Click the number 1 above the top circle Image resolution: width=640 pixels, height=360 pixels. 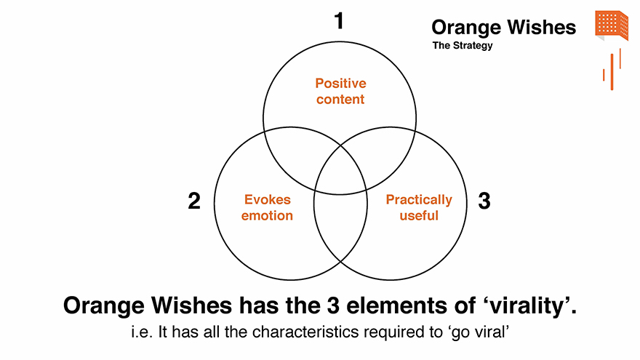click(x=339, y=21)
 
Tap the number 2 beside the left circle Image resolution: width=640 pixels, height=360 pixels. click(x=194, y=201)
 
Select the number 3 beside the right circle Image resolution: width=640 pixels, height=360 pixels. click(x=484, y=201)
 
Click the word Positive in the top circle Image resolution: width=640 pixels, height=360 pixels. click(x=340, y=83)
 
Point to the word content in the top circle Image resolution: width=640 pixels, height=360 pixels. click(x=340, y=99)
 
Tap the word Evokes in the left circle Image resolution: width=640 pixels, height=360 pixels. click(x=268, y=199)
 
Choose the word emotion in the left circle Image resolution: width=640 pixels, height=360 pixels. click(x=267, y=215)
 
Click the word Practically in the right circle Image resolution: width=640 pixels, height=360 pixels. click(x=419, y=200)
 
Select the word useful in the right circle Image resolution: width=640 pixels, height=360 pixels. click(x=419, y=215)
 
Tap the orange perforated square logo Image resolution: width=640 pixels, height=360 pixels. click(x=612, y=25)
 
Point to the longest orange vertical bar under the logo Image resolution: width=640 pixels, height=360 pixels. click(x=612, y=72)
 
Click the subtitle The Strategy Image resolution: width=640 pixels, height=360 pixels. click(x=463, y=46)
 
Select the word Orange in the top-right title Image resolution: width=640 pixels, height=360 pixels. click(x=466, y=28)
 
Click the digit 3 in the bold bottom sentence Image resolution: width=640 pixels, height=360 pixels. click(x=333, y=305)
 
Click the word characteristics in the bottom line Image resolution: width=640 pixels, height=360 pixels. click(x=306, y=332)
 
